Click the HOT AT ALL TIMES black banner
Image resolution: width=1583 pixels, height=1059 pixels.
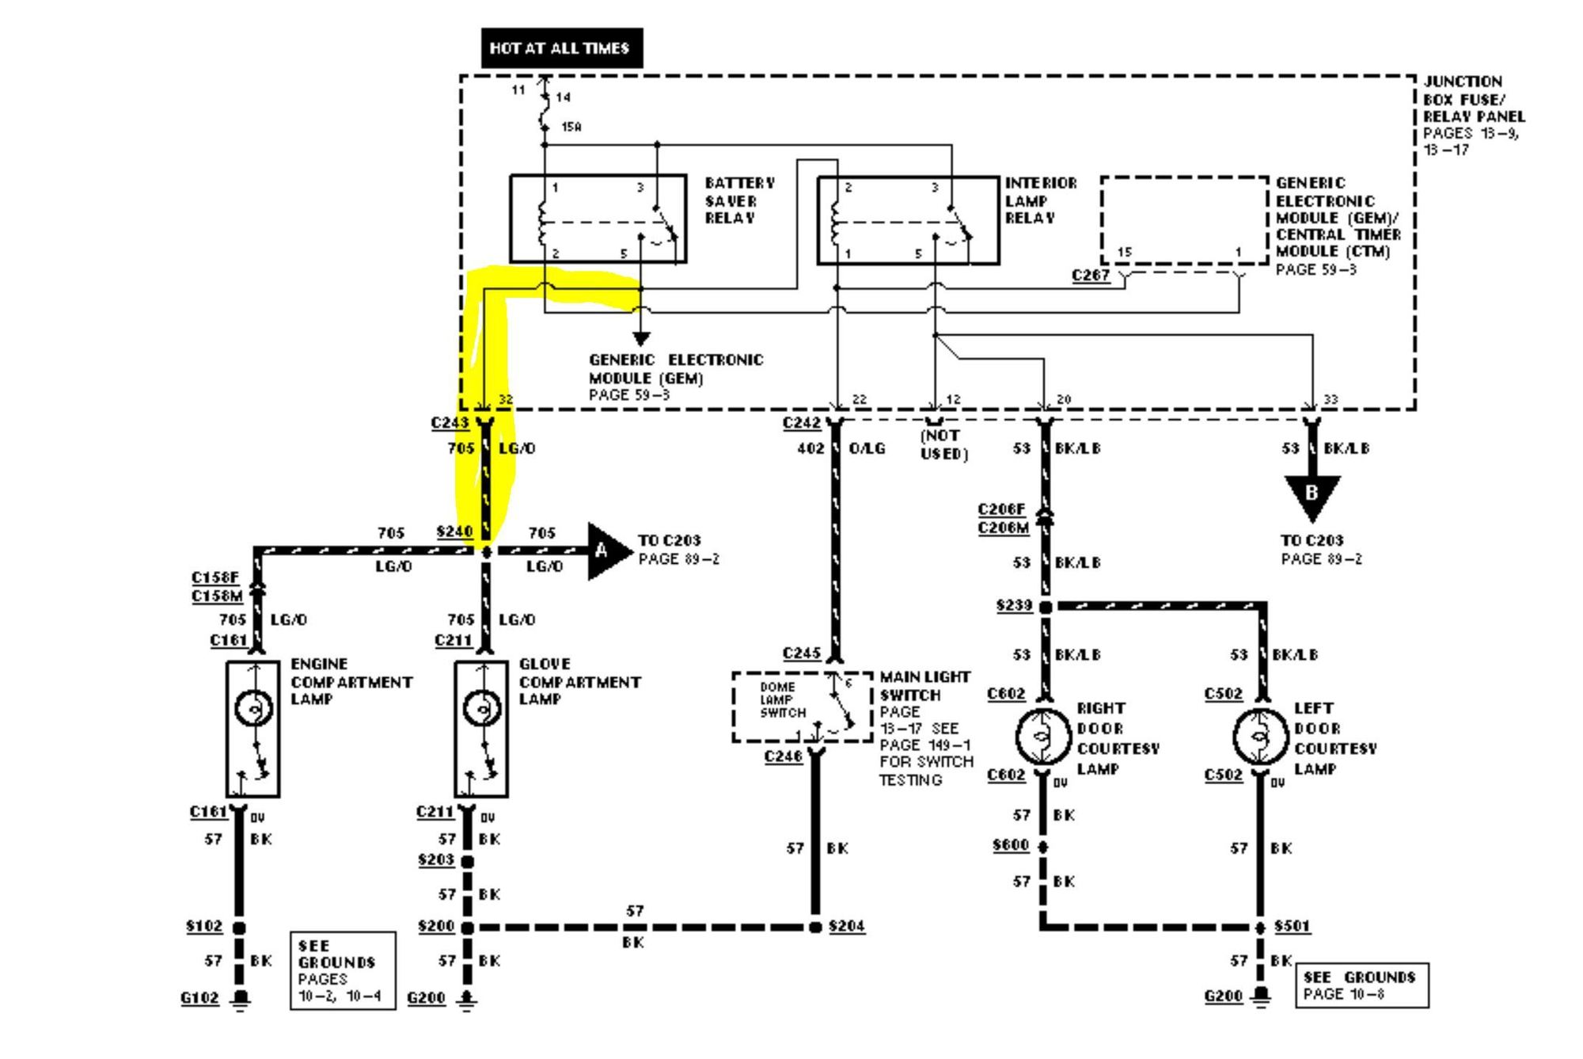[x=561, y=48]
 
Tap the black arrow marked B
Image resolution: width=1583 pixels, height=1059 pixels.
[x=1312, y=495]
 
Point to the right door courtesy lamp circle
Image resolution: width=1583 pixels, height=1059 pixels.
[x=1042, y=737]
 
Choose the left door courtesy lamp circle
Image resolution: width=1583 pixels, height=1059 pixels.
[x=1259, y=737]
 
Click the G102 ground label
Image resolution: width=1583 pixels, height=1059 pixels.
[x=199, y=998]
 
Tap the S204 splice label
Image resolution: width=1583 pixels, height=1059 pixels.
[x=846, y=926]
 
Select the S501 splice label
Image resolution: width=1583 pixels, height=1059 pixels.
[x=1292, y=926]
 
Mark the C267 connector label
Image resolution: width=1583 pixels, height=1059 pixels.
[x=1091, y=276]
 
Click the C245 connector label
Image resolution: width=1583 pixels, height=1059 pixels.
[x=801, y=653]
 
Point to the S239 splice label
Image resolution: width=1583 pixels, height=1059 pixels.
[x=1014, y=606]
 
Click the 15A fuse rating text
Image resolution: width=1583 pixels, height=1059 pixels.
[x=571, y=127]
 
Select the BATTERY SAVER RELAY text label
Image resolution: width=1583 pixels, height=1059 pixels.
[x=740, y=200]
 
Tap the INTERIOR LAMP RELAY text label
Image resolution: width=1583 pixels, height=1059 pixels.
[x=1040, y=200]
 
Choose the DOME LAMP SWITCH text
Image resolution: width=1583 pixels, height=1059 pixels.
[x=783, y=700]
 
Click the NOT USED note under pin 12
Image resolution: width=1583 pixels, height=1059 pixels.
[x=943, y=444]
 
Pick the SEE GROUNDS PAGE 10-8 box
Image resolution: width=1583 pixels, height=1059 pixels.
[x=1361, y=985]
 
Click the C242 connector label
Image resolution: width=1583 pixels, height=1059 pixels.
[x=801, y=423]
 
